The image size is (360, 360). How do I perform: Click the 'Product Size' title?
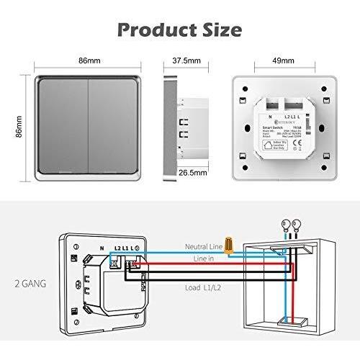179,30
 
